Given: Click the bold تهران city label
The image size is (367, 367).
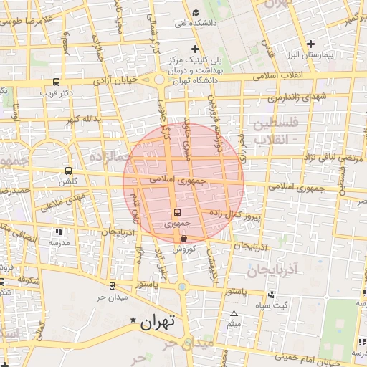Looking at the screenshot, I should point(158,323).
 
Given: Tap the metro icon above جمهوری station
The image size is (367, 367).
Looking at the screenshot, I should point(178,213).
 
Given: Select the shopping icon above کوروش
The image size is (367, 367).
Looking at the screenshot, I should point(184,239).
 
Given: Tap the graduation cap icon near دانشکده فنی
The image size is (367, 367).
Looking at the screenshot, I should point(196,13).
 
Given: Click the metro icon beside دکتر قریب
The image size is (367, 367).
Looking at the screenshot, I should point(57,82).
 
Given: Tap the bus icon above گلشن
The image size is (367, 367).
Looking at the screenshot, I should point(68,171).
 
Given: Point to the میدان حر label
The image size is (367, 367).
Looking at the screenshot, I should point(113,297).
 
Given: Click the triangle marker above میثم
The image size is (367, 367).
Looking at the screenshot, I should point(233,314).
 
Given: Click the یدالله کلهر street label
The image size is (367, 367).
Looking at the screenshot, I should point(80,118).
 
